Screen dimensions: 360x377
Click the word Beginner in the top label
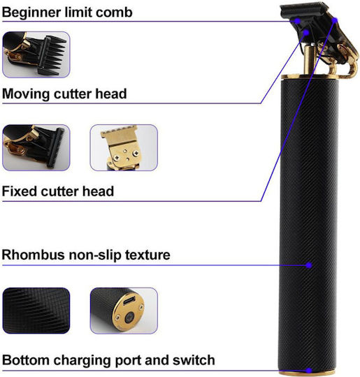(31, 13)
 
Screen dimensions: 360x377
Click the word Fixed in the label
(20, 191)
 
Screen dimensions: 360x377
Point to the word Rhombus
(34, 255)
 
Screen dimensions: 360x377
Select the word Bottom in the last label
(26, 360)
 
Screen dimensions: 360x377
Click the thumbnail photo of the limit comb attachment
(36, 54)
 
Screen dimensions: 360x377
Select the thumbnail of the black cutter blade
(36, 147)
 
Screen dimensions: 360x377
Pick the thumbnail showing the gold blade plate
(124, 147)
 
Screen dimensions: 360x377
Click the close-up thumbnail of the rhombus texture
(36, 311)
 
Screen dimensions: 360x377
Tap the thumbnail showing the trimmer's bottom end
(124, 311)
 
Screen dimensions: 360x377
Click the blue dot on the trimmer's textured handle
(309, 265)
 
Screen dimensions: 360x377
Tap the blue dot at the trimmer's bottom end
(309, 371)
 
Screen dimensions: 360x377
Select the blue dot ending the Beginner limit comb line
(298, 21)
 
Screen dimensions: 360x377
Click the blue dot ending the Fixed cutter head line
(335, 20)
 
